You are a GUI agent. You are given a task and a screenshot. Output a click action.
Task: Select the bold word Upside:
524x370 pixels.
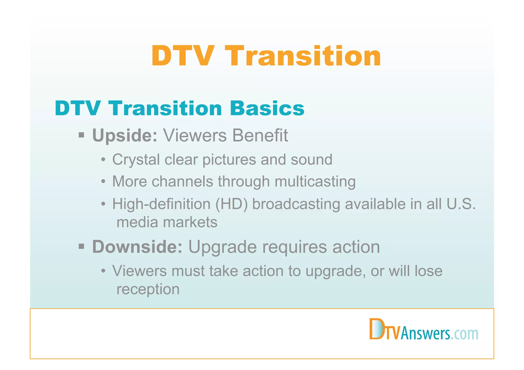tap(125, 135)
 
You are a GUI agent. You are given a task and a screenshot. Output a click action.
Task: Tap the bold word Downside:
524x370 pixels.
tap(137, 247)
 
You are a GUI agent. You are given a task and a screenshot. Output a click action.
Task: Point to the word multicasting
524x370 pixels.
tap(315, 182)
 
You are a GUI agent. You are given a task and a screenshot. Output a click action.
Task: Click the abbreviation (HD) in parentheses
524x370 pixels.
tap(232, 204)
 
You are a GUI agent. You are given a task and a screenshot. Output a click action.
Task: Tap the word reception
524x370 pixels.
tap(148, 289)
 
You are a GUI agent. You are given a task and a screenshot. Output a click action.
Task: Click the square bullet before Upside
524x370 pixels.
tap(81, 135)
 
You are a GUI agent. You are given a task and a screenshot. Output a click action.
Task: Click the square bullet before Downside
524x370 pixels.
tap(81, 246)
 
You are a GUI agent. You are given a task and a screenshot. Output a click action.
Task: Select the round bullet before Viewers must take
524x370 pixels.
tap(103, 271)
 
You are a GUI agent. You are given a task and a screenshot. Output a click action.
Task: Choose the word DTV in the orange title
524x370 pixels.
tap(182, 56)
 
